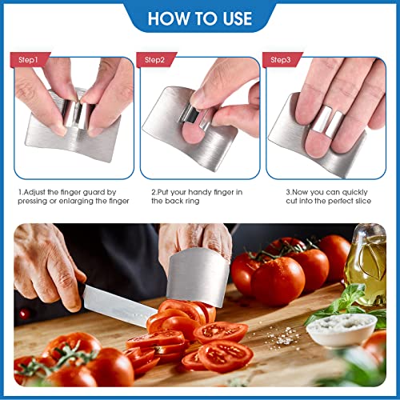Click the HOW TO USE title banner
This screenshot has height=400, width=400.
click(200, 17)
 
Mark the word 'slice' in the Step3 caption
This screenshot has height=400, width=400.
click(370, 202)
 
